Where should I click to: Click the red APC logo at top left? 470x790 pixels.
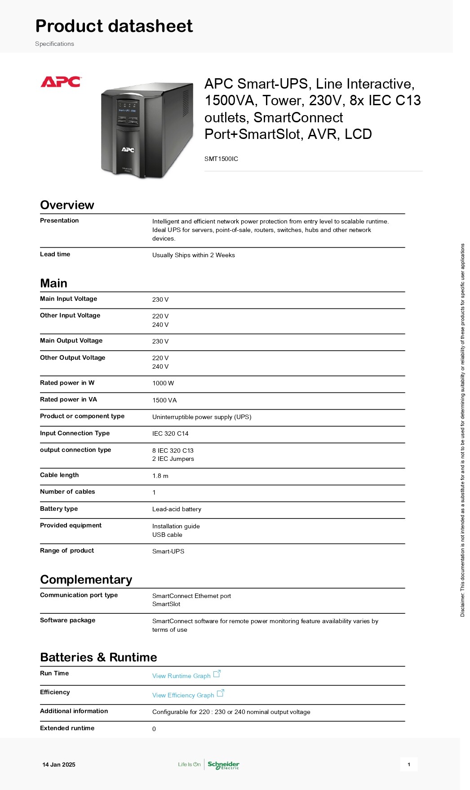pos(61,82)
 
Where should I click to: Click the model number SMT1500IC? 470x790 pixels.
pos(221,159)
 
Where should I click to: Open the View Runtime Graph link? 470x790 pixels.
pos(182,676)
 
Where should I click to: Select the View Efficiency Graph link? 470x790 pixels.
pos(183,695)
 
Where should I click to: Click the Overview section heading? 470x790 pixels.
pos(67,205)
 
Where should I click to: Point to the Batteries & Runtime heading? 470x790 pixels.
pos(98,657)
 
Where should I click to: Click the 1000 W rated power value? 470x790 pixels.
pos(163,383)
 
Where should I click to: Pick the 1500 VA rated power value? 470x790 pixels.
pos(164,400)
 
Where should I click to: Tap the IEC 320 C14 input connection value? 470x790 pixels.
pos(170,433)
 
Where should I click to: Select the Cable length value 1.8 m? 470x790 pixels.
pos(160,476)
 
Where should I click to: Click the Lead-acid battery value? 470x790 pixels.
pos(177,509)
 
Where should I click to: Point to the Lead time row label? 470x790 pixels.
pos(55,254)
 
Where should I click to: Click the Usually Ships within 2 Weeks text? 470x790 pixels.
pos(193,255)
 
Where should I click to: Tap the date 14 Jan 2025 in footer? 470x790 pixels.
pos(59,764)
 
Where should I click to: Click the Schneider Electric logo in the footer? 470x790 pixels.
pos(223,765)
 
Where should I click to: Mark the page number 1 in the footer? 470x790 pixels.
pos(409,764)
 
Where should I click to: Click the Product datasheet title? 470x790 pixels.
pos(114,26)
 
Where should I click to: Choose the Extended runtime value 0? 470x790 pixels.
pos(154,729)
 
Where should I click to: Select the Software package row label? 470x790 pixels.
pos(67,620)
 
